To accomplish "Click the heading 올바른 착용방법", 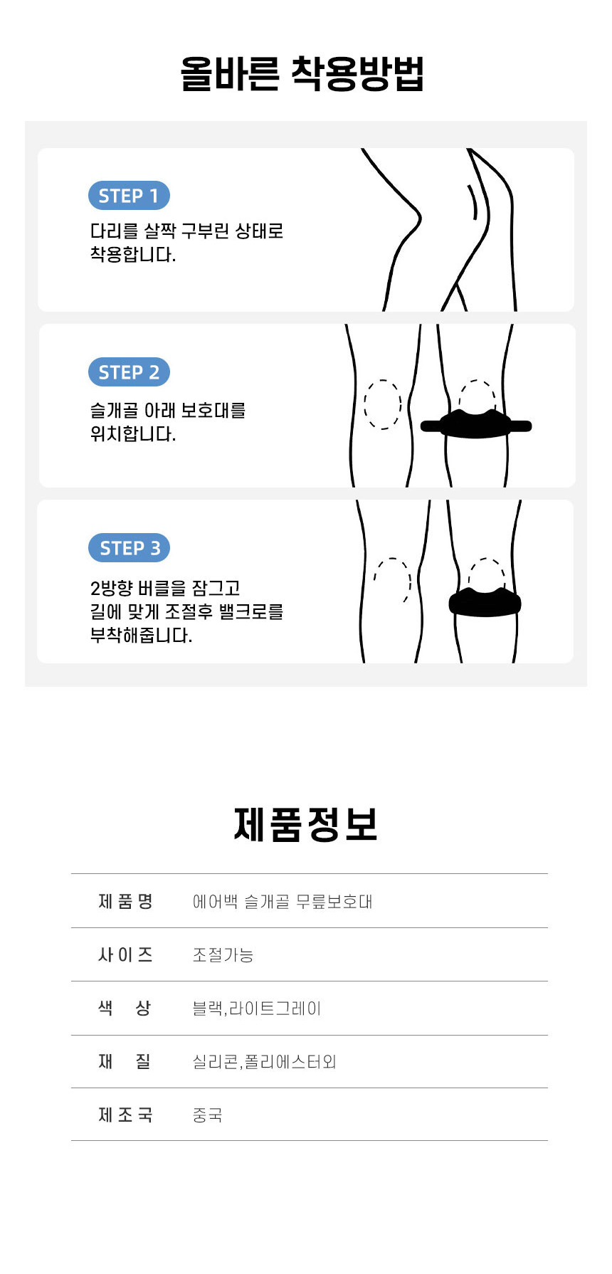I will [302, 73].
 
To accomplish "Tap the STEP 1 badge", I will [129, 196].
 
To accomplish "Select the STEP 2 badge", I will [129, 372].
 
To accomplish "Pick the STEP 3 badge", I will [130, 548].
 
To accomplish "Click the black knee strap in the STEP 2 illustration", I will [475, 425].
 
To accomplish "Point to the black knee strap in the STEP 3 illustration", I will [485, 602].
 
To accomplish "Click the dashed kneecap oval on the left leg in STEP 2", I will [383, 404].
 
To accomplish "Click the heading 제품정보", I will [305, 825].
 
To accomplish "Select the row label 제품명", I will [125, 902].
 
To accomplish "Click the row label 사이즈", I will [125, 955].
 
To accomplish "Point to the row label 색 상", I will [125, 1009].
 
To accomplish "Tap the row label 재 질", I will [125, 1062].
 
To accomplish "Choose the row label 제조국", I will [125, 1115].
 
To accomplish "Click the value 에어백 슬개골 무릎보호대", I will [283, 902].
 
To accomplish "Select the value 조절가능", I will [223, 955].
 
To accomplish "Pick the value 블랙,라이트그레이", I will [257, 1009].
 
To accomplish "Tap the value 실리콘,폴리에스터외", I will [264, 1062].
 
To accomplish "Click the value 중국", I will [207, 1115].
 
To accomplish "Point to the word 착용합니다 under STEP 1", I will [132, 255].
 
